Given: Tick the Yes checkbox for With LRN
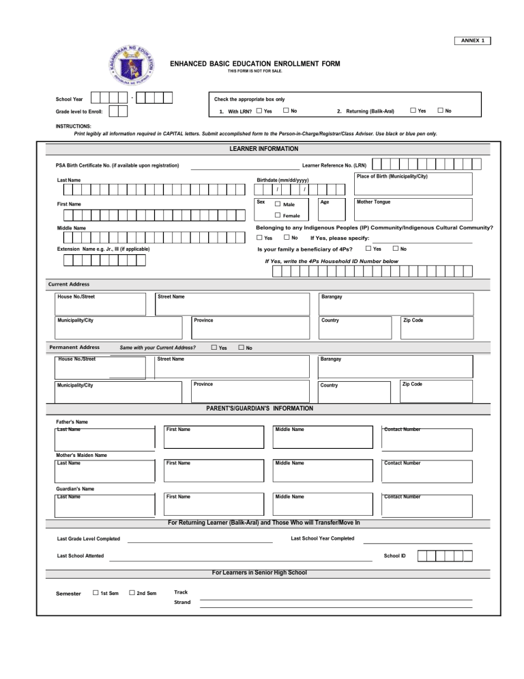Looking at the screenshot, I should coord(259,111).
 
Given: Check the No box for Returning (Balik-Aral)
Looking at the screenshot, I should coord(440,111).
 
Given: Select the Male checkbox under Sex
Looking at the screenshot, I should coord(278,204).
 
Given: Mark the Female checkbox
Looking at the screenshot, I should coord(278,216).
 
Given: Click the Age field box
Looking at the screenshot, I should coord(333,208).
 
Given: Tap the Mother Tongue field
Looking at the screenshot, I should coord(412,208).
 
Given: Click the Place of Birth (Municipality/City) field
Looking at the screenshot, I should coord(412,184).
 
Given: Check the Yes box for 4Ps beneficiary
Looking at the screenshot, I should coord(368,249).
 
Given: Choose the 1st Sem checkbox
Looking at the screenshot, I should coord(96,593).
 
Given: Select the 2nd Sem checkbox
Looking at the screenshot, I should coord(132,593).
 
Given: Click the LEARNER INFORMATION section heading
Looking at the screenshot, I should coord(262,148).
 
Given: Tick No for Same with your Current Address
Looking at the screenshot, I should coord(241,348).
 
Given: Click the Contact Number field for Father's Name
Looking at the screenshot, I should coord(426,437).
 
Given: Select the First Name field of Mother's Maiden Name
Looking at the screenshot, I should coord(214,471).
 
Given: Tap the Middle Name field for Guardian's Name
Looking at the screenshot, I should coord(322,505).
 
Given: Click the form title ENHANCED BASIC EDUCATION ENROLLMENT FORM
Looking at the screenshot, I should coord(254,64).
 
